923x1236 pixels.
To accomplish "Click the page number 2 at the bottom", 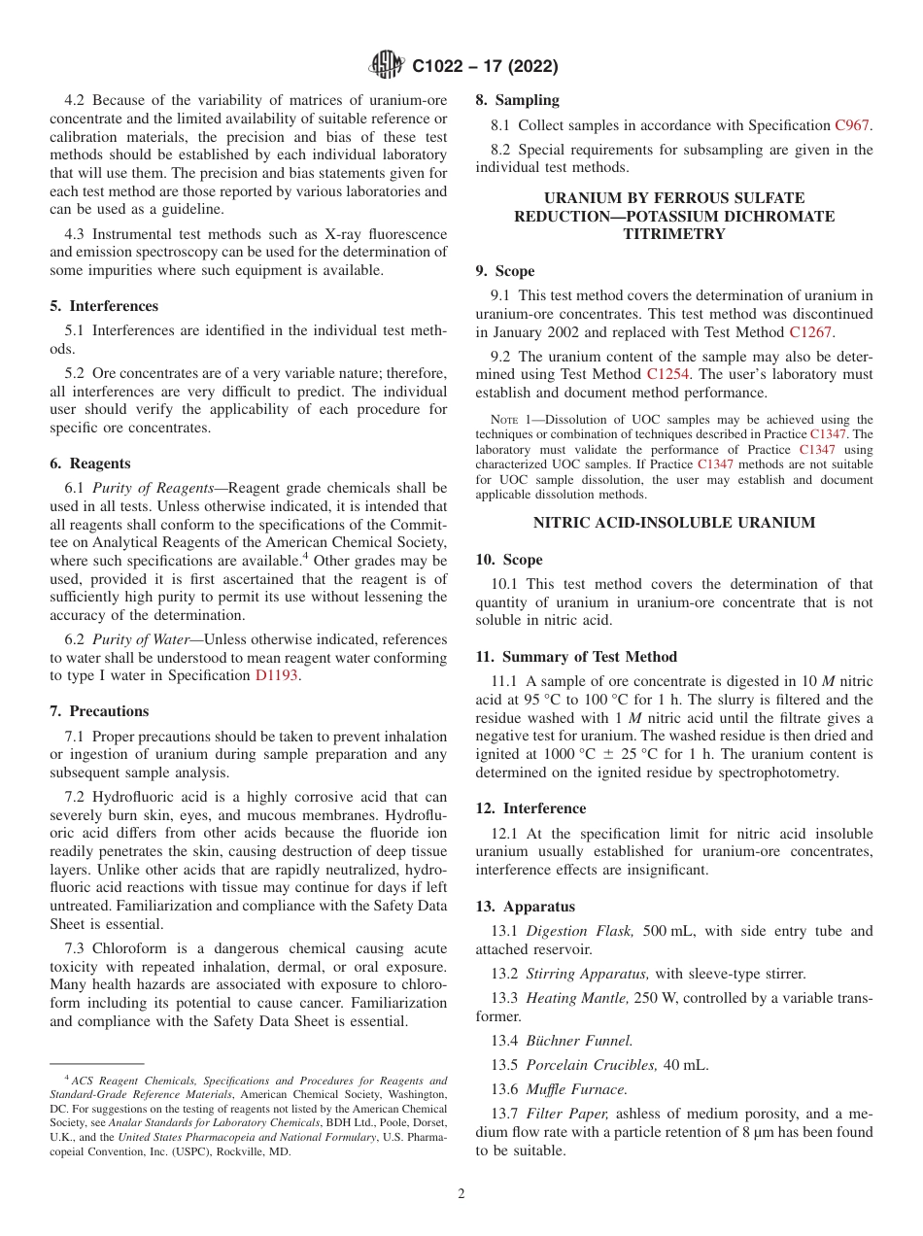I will [x=461, y=1194].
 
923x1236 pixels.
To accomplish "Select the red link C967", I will [x=853, y=125].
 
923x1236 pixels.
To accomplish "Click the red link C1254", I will [x=667, y=374].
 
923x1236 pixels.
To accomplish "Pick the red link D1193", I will [x=278, y=675].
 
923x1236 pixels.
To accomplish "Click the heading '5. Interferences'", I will [x=104, y=305].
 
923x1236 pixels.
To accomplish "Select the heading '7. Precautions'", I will [x=99, y=711].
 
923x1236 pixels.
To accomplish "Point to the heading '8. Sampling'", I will [x=517, y=100].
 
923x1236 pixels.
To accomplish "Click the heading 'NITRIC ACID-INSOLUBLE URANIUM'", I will [x=674, y=523].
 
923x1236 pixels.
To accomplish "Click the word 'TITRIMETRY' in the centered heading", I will [x=674, y=234].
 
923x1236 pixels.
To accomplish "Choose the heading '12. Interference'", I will [x=530, y=808].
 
